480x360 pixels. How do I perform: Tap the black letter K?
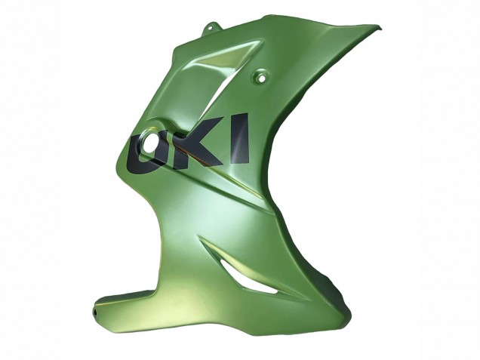(195, 143)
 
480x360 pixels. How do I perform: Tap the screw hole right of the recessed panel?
(262, 75)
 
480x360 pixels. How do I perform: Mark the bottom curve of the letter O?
(143, 168)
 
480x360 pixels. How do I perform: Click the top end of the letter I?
(240, 117)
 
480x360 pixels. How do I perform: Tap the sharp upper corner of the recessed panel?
(260, 42)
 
